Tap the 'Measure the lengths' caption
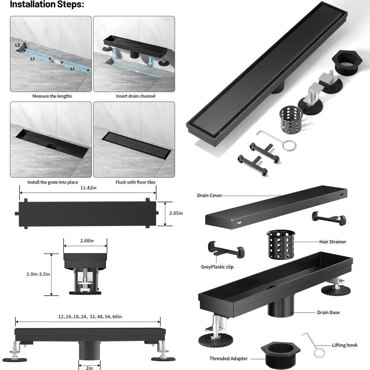tap(52, 96)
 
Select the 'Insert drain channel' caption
tap(136, 96)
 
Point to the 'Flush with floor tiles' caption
tap(136, 182)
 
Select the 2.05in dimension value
tap(176, 213)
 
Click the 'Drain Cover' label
tap(209, 195)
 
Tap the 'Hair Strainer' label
tap(333, 242)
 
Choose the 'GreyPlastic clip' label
tap(217, 267)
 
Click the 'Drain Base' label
tap(328, 313)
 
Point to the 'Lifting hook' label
tap(344, 345)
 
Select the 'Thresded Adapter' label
tap(228, 359)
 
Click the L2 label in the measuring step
tap(18, 45)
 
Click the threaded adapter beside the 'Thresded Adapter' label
tap(280, 354)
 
